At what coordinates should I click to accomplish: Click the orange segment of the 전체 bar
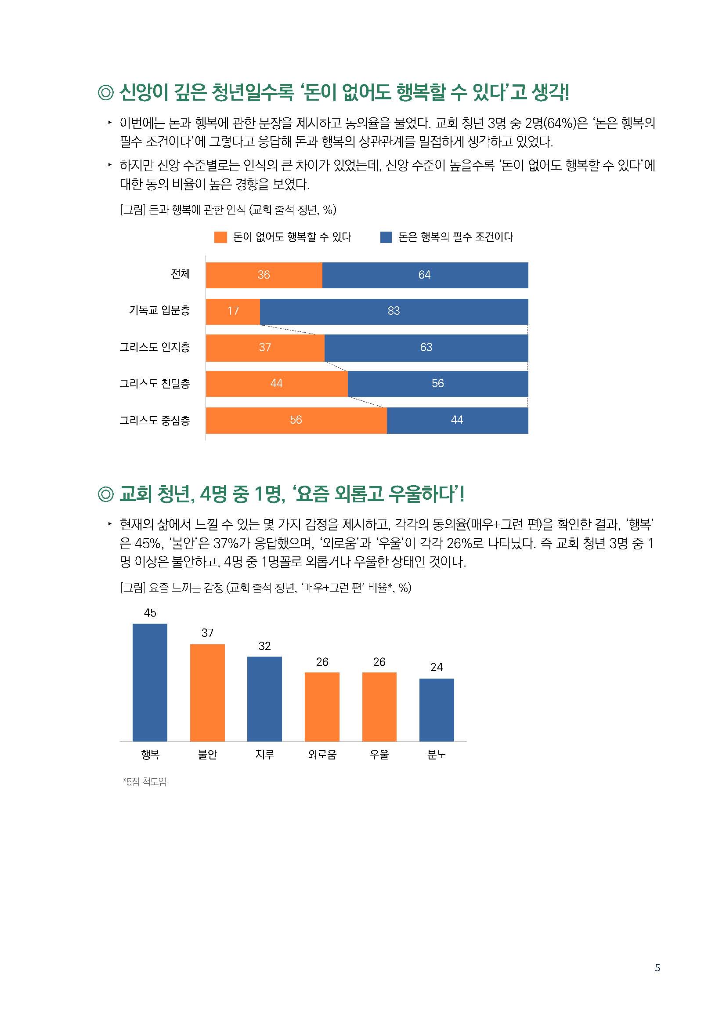click(x=264, y=275)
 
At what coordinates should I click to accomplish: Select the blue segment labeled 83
click(x=393, y=311)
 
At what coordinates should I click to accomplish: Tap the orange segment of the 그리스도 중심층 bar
click(x=296, y=420)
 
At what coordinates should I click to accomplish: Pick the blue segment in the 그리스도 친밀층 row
click(x=437, y=384)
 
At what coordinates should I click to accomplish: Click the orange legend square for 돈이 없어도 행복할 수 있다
click(x=220, y=237)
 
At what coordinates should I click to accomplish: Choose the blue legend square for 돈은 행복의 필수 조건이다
click(x=386, y=237)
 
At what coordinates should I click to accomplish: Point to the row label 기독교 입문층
click(x=159, y=310)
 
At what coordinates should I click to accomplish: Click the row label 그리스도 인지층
click(x=154, y=347)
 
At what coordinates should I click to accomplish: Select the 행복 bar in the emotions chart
click(x=150, y=682)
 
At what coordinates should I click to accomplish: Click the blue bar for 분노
click(x=437, y=710)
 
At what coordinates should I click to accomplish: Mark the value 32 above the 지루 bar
click(x=264, y=646)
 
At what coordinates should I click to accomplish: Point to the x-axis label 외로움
click(x=322, y=755)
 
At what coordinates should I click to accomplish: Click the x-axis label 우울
click(x=379, y=755)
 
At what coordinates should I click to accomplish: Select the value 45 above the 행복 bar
click(x=150, y=613)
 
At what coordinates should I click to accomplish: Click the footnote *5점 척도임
click(x=144, y=782)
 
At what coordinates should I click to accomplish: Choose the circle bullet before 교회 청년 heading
click(x=105, y=494)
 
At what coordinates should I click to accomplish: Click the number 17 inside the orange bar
click(x=233, y=311)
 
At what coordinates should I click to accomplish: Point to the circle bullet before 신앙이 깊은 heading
click(x=105, y=93)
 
